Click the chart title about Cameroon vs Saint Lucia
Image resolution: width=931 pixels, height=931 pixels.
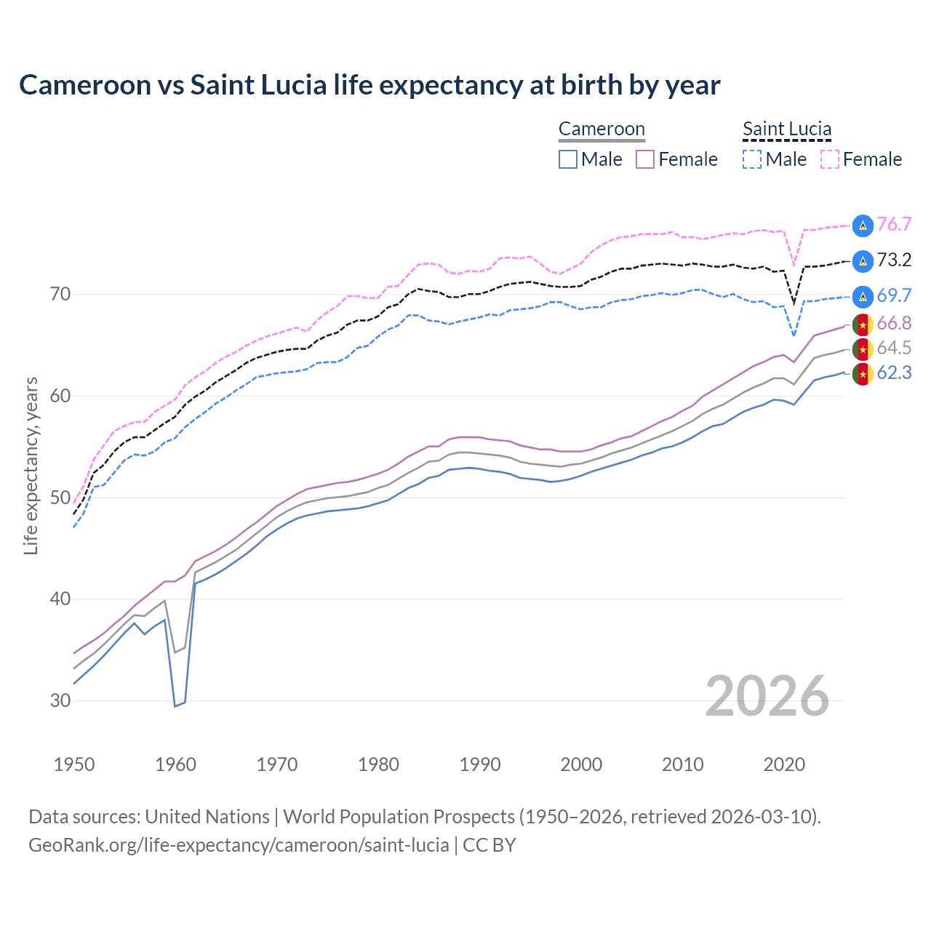tap(369, 85)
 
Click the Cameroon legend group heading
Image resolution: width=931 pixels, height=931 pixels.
tap(602, 129)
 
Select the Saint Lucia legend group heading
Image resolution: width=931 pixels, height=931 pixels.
tap(786, 129)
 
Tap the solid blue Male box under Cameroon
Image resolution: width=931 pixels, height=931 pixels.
tap(568, 159)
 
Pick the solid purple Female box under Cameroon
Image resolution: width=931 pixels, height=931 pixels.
tap(645, 159)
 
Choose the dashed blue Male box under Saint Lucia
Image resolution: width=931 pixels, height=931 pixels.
tap(752, 159)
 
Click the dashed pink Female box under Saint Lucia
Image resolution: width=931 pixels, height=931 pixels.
tap(830, 159)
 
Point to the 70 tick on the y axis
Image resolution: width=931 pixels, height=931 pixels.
tap(60, 295)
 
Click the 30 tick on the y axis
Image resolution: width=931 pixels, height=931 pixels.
tap(60, 701)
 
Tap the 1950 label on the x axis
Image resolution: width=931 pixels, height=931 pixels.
tap(74, 764)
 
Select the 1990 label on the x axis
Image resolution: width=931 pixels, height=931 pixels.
tap(480, 764)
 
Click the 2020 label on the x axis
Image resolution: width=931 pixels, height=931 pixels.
tap(784, 764)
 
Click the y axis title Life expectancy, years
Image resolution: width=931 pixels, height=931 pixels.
tap(31, 465)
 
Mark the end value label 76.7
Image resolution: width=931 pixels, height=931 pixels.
tap(894, 225)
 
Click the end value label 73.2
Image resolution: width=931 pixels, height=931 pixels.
tap(894, 260)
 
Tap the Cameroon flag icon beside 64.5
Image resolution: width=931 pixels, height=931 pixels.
tap(863, 349)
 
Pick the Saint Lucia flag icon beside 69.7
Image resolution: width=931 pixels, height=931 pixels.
tap(863, 296)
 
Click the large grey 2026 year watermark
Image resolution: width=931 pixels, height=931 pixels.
tap(767, 696)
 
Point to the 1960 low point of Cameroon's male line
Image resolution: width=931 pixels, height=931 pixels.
tap(175, 706)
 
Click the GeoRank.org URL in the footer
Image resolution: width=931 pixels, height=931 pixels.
tap(239, 845)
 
